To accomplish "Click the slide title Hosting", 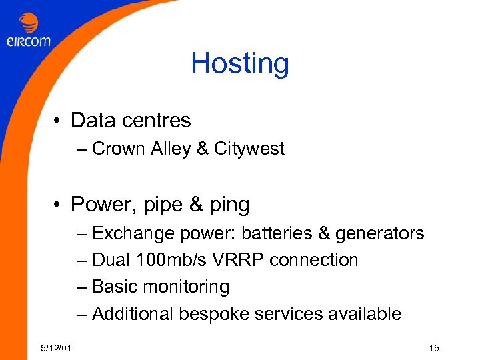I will coord(240,64).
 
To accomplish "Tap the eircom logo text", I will coord(29,41).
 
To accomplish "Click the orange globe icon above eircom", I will coord(29,23).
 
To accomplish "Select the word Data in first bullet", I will coord(92,121).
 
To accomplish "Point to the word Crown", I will coord(117,149).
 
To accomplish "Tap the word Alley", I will coord(172,149).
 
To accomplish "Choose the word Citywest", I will coord(249,149).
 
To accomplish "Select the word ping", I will coord(229,205).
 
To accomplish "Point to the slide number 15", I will coord(435,348).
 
